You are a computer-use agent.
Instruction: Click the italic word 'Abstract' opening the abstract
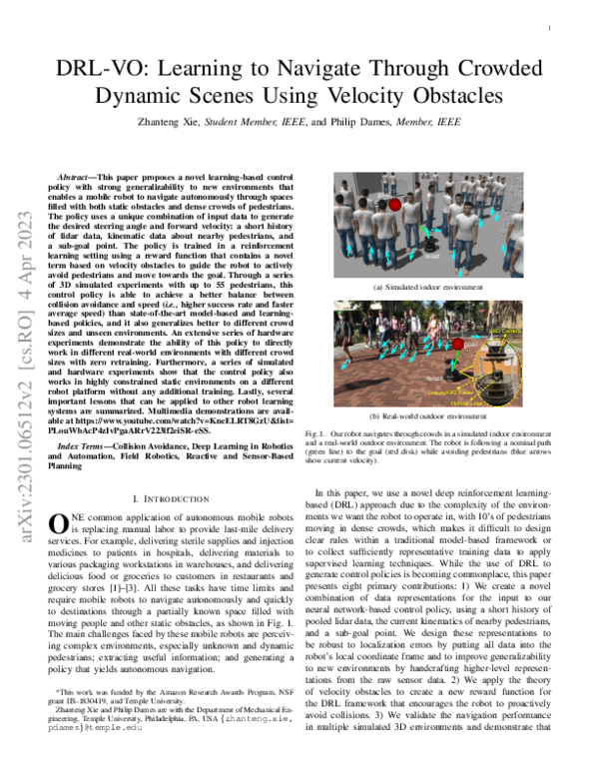[x=81, y=175]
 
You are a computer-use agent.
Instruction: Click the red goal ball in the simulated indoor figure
[x=395, y=206]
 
